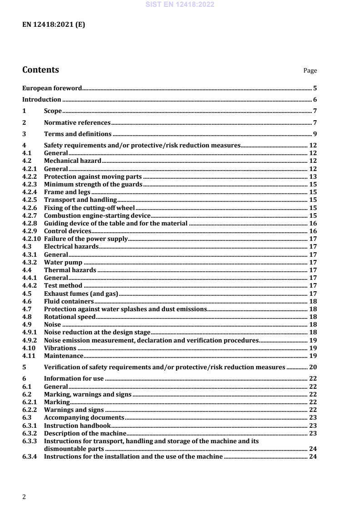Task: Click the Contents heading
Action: tap(40, 70)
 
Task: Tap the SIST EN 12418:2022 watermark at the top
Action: tap(180, 5)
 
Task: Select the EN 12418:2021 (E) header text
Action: tap(54, 25)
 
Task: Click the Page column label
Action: tap(310, 71)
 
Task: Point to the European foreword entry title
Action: tap(52, 88)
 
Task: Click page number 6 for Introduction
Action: tap(315, 100)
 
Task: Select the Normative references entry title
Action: tap(77, 122)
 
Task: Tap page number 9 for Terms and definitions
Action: tap(315, 134)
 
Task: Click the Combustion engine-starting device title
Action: tap(97, 215)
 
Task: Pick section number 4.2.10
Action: tap(31, 239)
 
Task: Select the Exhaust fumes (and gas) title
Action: tap(81, 294)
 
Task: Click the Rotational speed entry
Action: tap(69, 317)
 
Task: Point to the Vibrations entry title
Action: tap(60, 348)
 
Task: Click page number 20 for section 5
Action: tap(313, 367)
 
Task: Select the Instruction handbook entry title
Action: tap(77, 426)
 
